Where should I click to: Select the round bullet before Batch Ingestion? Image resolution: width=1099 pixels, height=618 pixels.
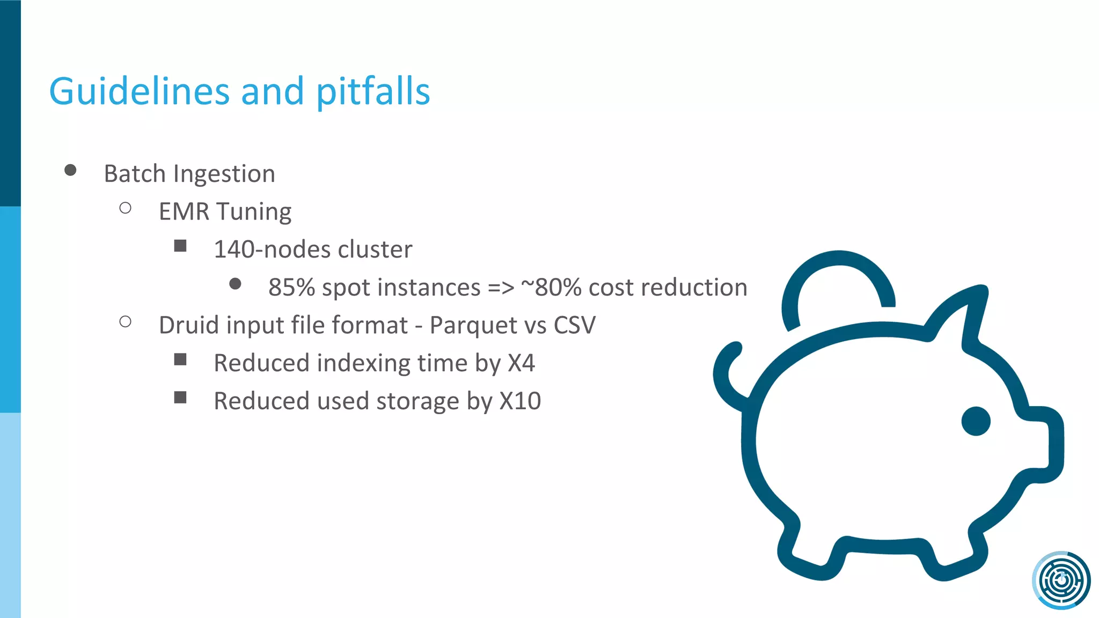(70, 171)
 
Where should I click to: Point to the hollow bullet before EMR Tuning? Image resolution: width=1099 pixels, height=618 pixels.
(126, 208)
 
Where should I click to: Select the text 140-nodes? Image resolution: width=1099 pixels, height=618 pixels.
(272, 249)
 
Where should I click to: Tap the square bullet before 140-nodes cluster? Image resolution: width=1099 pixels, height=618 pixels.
(180, 246)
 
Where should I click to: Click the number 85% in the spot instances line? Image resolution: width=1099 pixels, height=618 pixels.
(291, 288)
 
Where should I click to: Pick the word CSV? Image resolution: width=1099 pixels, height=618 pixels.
(575, 325)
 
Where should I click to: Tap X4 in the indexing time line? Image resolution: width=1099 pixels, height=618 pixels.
(521, 363)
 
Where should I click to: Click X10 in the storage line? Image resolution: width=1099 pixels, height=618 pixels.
(520, 401)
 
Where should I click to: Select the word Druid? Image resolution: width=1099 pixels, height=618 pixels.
(189, 325)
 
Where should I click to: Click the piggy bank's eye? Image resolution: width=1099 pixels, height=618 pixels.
(976, 421)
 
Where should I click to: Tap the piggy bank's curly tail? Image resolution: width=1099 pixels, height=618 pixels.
(727, 376)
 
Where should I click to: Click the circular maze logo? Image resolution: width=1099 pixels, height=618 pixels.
(1061, 580)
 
